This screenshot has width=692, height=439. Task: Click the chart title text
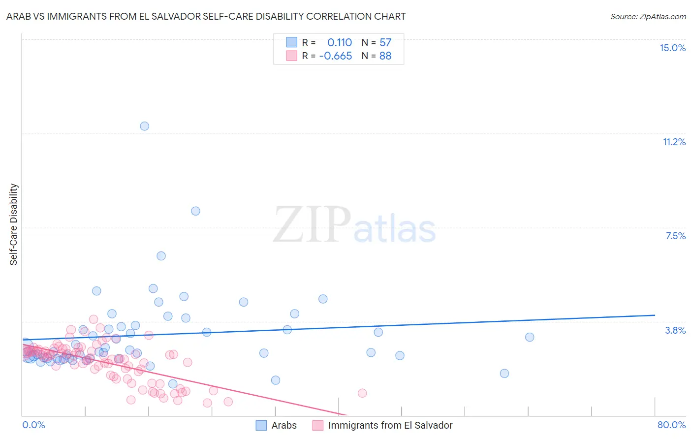point(206,16)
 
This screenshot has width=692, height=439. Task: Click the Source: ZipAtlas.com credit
point(648,16)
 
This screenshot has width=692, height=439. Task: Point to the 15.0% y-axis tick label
point(672,48)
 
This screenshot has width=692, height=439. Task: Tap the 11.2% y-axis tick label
point(674,142)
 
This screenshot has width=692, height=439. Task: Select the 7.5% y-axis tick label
point(675,236)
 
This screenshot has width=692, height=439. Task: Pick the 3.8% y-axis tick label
point(675,330)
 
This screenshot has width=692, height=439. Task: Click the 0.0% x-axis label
point(33,425)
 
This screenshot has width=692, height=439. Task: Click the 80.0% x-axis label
point(671,425)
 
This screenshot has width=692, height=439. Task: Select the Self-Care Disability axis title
point(14,224)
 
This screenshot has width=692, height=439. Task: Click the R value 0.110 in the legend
point(340,42)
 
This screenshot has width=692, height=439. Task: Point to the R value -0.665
point(336,56)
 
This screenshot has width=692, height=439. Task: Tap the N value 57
point(385,42)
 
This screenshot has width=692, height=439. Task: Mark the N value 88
point(385,56)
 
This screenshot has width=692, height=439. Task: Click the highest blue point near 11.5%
point(144,126)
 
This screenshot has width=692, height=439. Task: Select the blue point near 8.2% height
point(195,211)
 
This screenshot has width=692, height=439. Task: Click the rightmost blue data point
point(530,337)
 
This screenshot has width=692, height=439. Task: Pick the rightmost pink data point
point(362,393)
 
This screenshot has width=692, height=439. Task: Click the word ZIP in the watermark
point(312,225)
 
